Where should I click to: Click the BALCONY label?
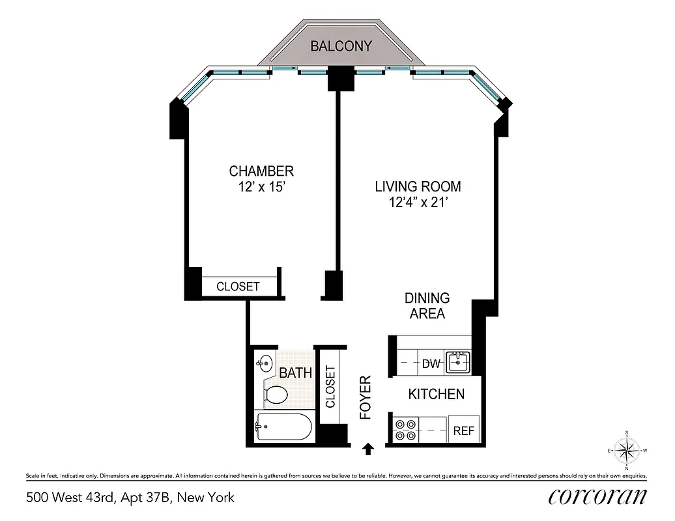click(x=341, y=46)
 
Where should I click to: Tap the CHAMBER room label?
click(x=261, y=171)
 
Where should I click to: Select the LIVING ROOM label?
click(x=418, y=187)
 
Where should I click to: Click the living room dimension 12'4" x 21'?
click(x=418, y=203)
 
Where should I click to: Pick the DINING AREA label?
click(x=427, y=306)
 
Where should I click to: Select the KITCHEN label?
click(x=436, y=394)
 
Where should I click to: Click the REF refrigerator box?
click(x=463, y=430)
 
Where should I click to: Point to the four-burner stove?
click(x=406, y=430)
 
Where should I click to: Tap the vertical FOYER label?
click(x=366, y=397)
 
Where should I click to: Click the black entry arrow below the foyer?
click(x=368, y=448)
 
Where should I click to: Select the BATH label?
click(x=295, y=374)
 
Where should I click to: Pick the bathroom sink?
click(x=265, y=363)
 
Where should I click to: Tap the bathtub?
click(x=283, y=427)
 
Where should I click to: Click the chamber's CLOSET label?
click(x=238, y=287)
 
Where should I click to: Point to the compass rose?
click(x=626, y=450)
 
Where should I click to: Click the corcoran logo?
click(x=597, y=497)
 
